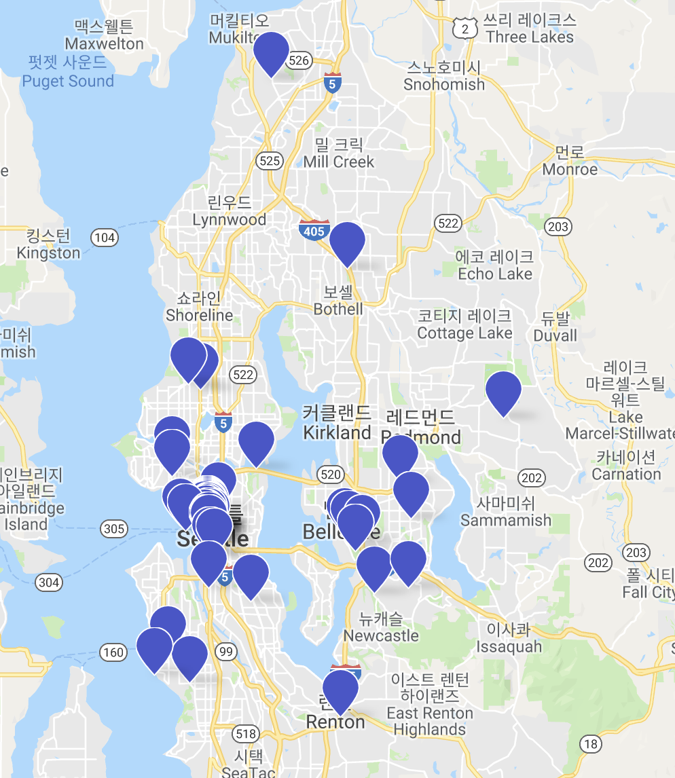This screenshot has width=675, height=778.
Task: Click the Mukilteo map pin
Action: click(271, 52)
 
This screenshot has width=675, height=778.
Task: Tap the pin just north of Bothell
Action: click(347, 242)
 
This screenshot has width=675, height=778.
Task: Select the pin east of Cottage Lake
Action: click(503, 391)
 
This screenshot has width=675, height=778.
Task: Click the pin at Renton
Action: click(340, 689)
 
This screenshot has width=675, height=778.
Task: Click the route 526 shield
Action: click(299, 61)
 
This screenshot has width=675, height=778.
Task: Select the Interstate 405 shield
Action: click(314, 231)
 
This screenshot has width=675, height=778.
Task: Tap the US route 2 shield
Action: click(465, 28)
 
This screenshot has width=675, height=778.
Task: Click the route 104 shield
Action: click(105, 238)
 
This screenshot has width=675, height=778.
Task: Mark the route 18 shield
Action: click(591, 744)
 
